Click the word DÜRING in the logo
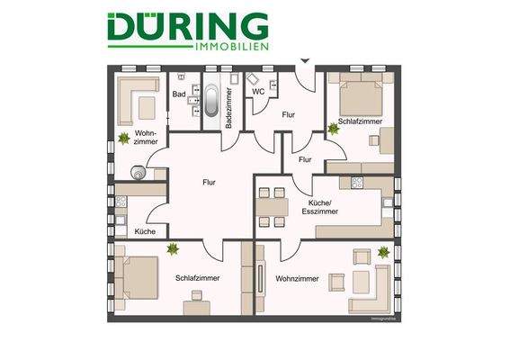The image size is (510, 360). point(187,26)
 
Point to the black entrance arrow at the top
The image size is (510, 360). point(305,60)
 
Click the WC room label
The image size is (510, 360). point(257,91)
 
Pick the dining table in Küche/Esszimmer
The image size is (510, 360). point(273,206)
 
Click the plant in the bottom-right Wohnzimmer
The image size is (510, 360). point(385,253)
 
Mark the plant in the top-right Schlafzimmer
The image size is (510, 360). point(334,129)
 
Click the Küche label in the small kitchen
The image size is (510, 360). point(144,232)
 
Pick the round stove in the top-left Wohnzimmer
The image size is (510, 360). point(139,171)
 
